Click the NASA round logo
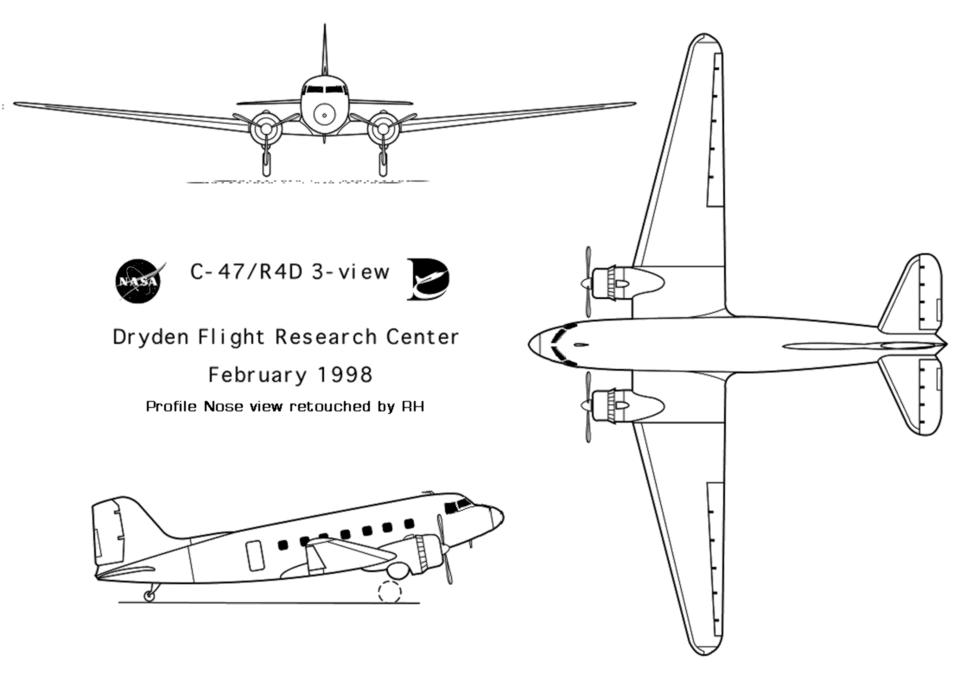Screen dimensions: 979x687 click(138, 281)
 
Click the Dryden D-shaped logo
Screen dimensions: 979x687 click(429, 278)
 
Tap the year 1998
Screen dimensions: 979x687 click(345, 375)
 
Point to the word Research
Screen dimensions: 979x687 click(326, 337)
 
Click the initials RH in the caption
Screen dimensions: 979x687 click(413, 406)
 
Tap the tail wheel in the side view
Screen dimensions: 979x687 click(149, 595)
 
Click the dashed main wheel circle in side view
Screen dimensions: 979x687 click(390, 591)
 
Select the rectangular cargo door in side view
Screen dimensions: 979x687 click(255, 556)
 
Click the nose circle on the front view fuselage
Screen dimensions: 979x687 click(324, 114)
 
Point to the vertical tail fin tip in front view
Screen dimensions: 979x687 click(324, 25)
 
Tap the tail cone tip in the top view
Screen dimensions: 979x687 click(946, 344)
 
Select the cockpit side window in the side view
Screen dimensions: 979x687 click(463, 504)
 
